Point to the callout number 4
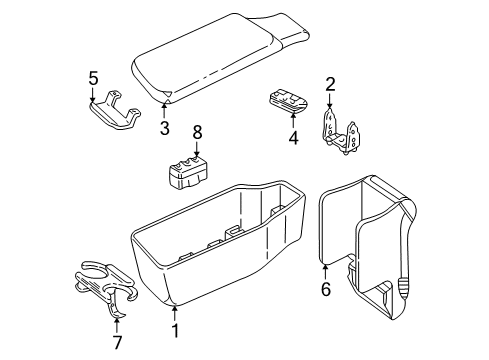(x=292, y=139)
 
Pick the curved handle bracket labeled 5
(x=114, y=109)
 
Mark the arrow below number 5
(x=93, y=95)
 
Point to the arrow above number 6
(x=325, y=268)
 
